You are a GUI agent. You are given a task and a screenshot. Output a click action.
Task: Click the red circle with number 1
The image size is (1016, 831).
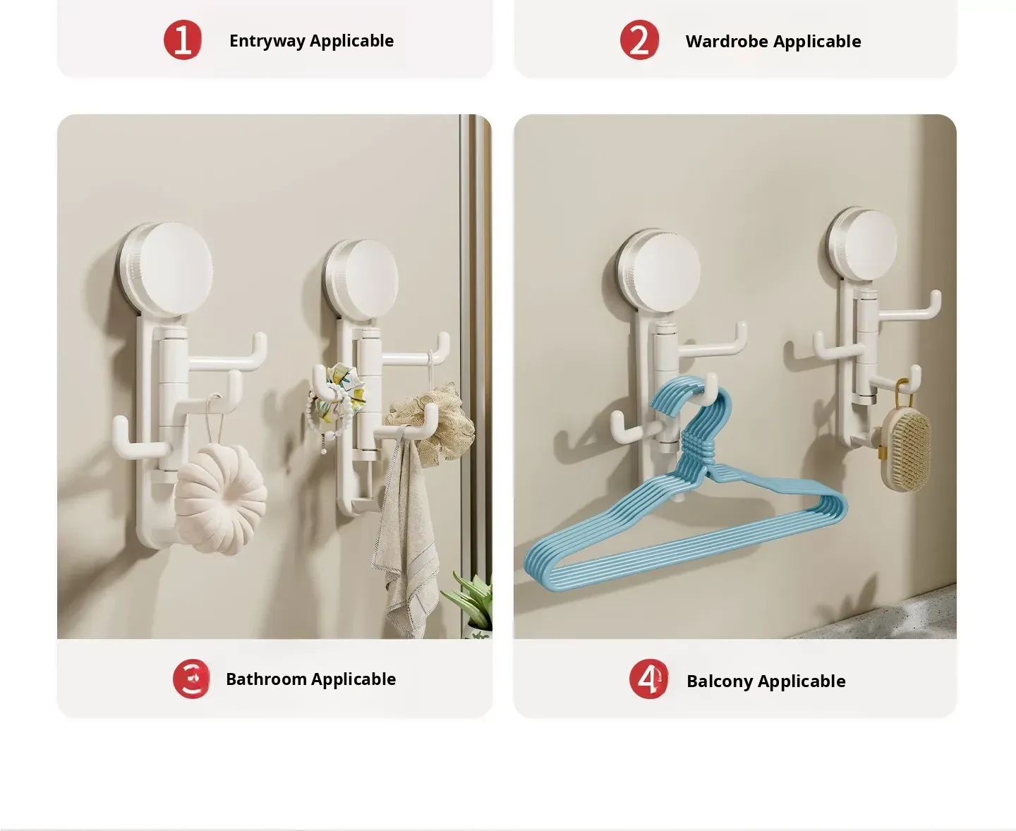pos(183,40)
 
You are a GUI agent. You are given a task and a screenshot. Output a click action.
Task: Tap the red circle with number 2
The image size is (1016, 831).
pos(639,40)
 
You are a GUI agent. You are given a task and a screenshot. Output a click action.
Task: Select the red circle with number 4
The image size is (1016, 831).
pos(648,679)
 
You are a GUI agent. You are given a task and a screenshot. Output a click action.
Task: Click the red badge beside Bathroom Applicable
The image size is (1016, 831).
pos(191,679)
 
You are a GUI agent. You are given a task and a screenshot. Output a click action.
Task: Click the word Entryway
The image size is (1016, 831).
pos(267,42)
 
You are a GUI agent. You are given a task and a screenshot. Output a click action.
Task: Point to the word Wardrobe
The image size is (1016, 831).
pos(727,42)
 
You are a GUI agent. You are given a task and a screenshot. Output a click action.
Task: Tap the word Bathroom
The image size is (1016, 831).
pos(267,679)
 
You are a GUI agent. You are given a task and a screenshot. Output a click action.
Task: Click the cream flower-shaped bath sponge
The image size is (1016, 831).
pos(220,498)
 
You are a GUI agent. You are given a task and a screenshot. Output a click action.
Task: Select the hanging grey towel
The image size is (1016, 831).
pos(407,535)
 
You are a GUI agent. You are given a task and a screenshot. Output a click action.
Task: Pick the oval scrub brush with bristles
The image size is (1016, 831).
pos(906,451)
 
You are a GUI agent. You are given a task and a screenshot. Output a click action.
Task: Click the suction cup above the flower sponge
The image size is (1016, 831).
pos(167,269)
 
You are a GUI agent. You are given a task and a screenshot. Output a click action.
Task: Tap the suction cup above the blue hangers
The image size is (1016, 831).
pos(659,269)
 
